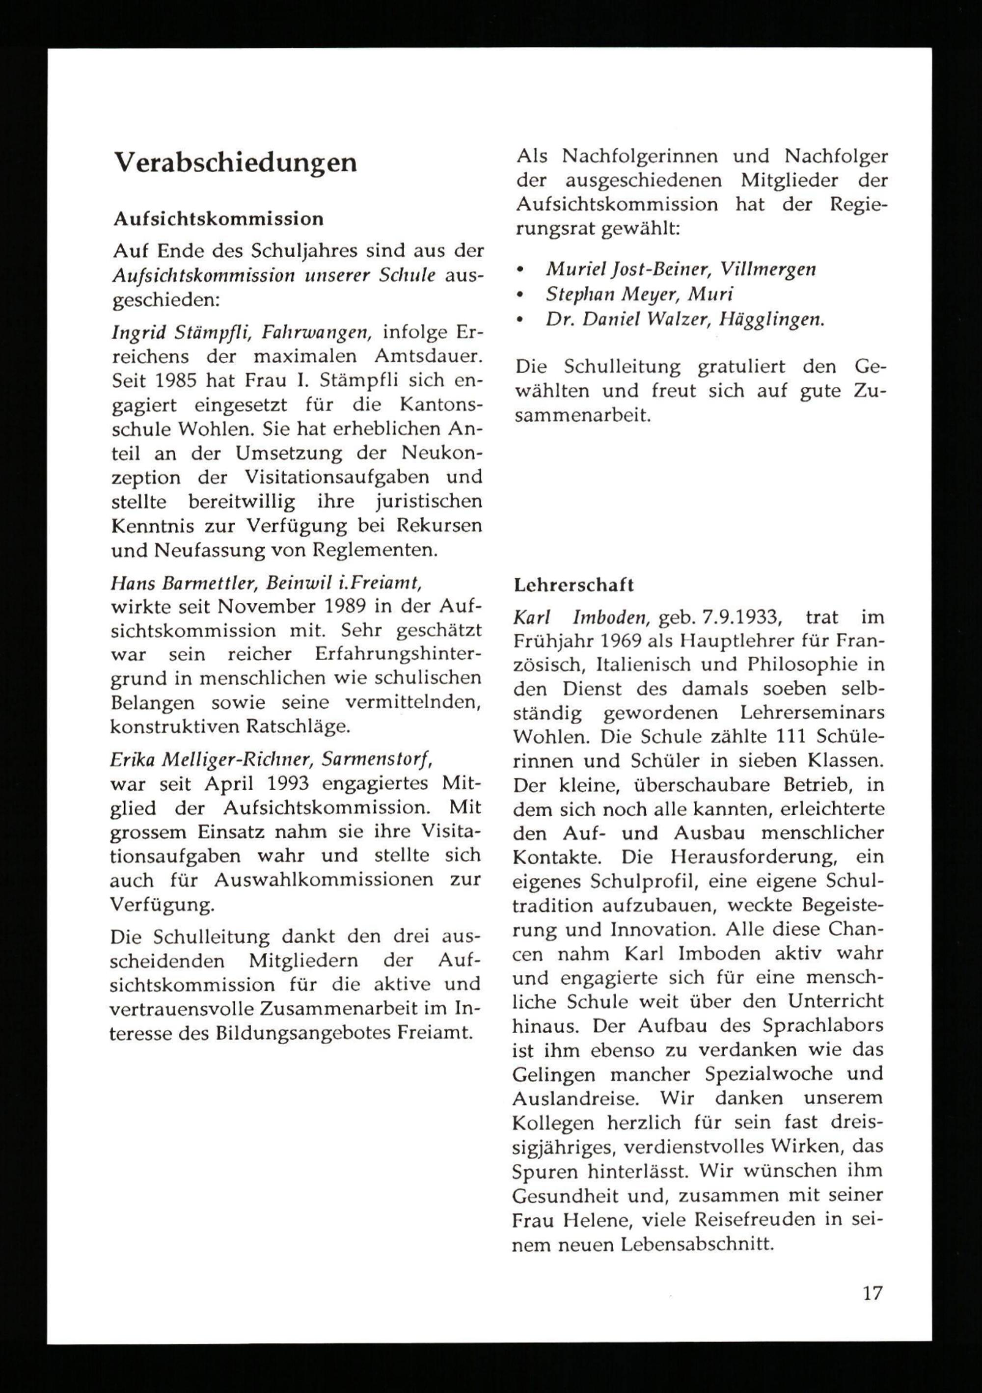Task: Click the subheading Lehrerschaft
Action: (573, 585)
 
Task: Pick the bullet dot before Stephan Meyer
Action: (519, 295)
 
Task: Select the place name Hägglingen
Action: (771, 320)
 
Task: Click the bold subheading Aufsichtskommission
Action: (218, 218)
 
